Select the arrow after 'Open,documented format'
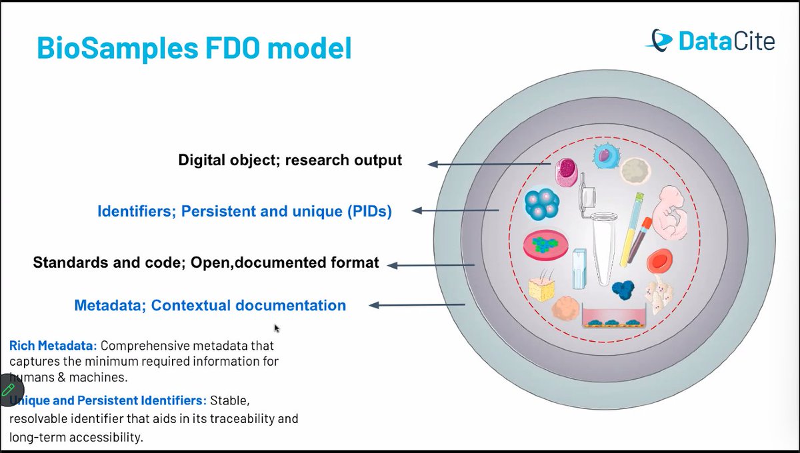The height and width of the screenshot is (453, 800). pyautogui.click(x=431, y=264)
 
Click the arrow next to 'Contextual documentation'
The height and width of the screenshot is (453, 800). pyautogui.click(x=417, y=305)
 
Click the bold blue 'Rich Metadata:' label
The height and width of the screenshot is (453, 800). pyautogui.click(x=53, y=346)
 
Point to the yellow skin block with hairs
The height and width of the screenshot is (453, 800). pyautogui.click(x=542, y=286)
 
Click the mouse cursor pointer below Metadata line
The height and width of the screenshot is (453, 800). pyautogui.click(x=277, y=328)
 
